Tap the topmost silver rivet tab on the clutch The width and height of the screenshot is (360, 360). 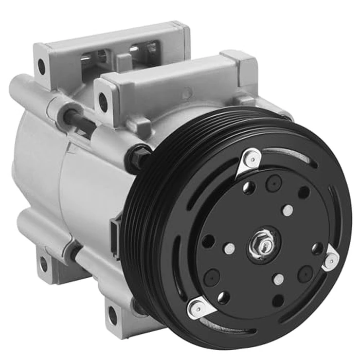tap(252, 158)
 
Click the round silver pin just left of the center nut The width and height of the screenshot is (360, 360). tap(229, 248)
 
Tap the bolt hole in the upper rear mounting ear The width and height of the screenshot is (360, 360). tap(42, 65)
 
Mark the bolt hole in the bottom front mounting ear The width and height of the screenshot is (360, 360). tap(112, 315)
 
